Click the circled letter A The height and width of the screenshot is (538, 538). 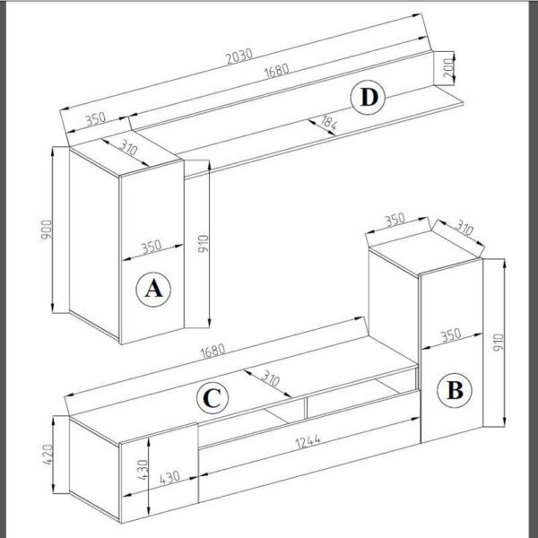click(x=153, y=290)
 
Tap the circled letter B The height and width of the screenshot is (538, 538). click(x=455, y=390)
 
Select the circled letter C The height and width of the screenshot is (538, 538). click(x=213, y=397)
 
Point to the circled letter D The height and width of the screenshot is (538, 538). click(x=368, y=98)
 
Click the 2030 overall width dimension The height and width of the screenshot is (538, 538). click(x=239, y=56)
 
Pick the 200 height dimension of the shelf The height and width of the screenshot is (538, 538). click(x=448, y=67)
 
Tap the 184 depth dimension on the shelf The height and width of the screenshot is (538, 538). click(x=328, y=123)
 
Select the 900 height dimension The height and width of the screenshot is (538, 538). click(x=47, y=230)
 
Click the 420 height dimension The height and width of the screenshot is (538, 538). click(x=48, y=455)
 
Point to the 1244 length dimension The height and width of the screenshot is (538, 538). click(x=308, y=441)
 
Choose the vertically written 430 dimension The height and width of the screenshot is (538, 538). click(x=143, y=469)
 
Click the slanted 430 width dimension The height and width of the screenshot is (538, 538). click(x=169, y=477)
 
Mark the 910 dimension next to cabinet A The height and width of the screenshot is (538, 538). click(x=204, y=243)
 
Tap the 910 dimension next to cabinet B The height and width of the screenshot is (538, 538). click(x=499, y=343)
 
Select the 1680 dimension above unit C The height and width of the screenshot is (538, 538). click(x=213, y=351)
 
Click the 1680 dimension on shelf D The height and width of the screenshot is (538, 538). click(x=276, y=71)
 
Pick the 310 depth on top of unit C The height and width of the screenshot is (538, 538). click(x=271, y=378)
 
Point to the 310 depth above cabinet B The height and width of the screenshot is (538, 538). click(x=464, y=228)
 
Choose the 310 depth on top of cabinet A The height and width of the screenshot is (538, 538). click(x=128, y=148)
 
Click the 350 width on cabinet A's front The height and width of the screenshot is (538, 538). click(x=152, y=247)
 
